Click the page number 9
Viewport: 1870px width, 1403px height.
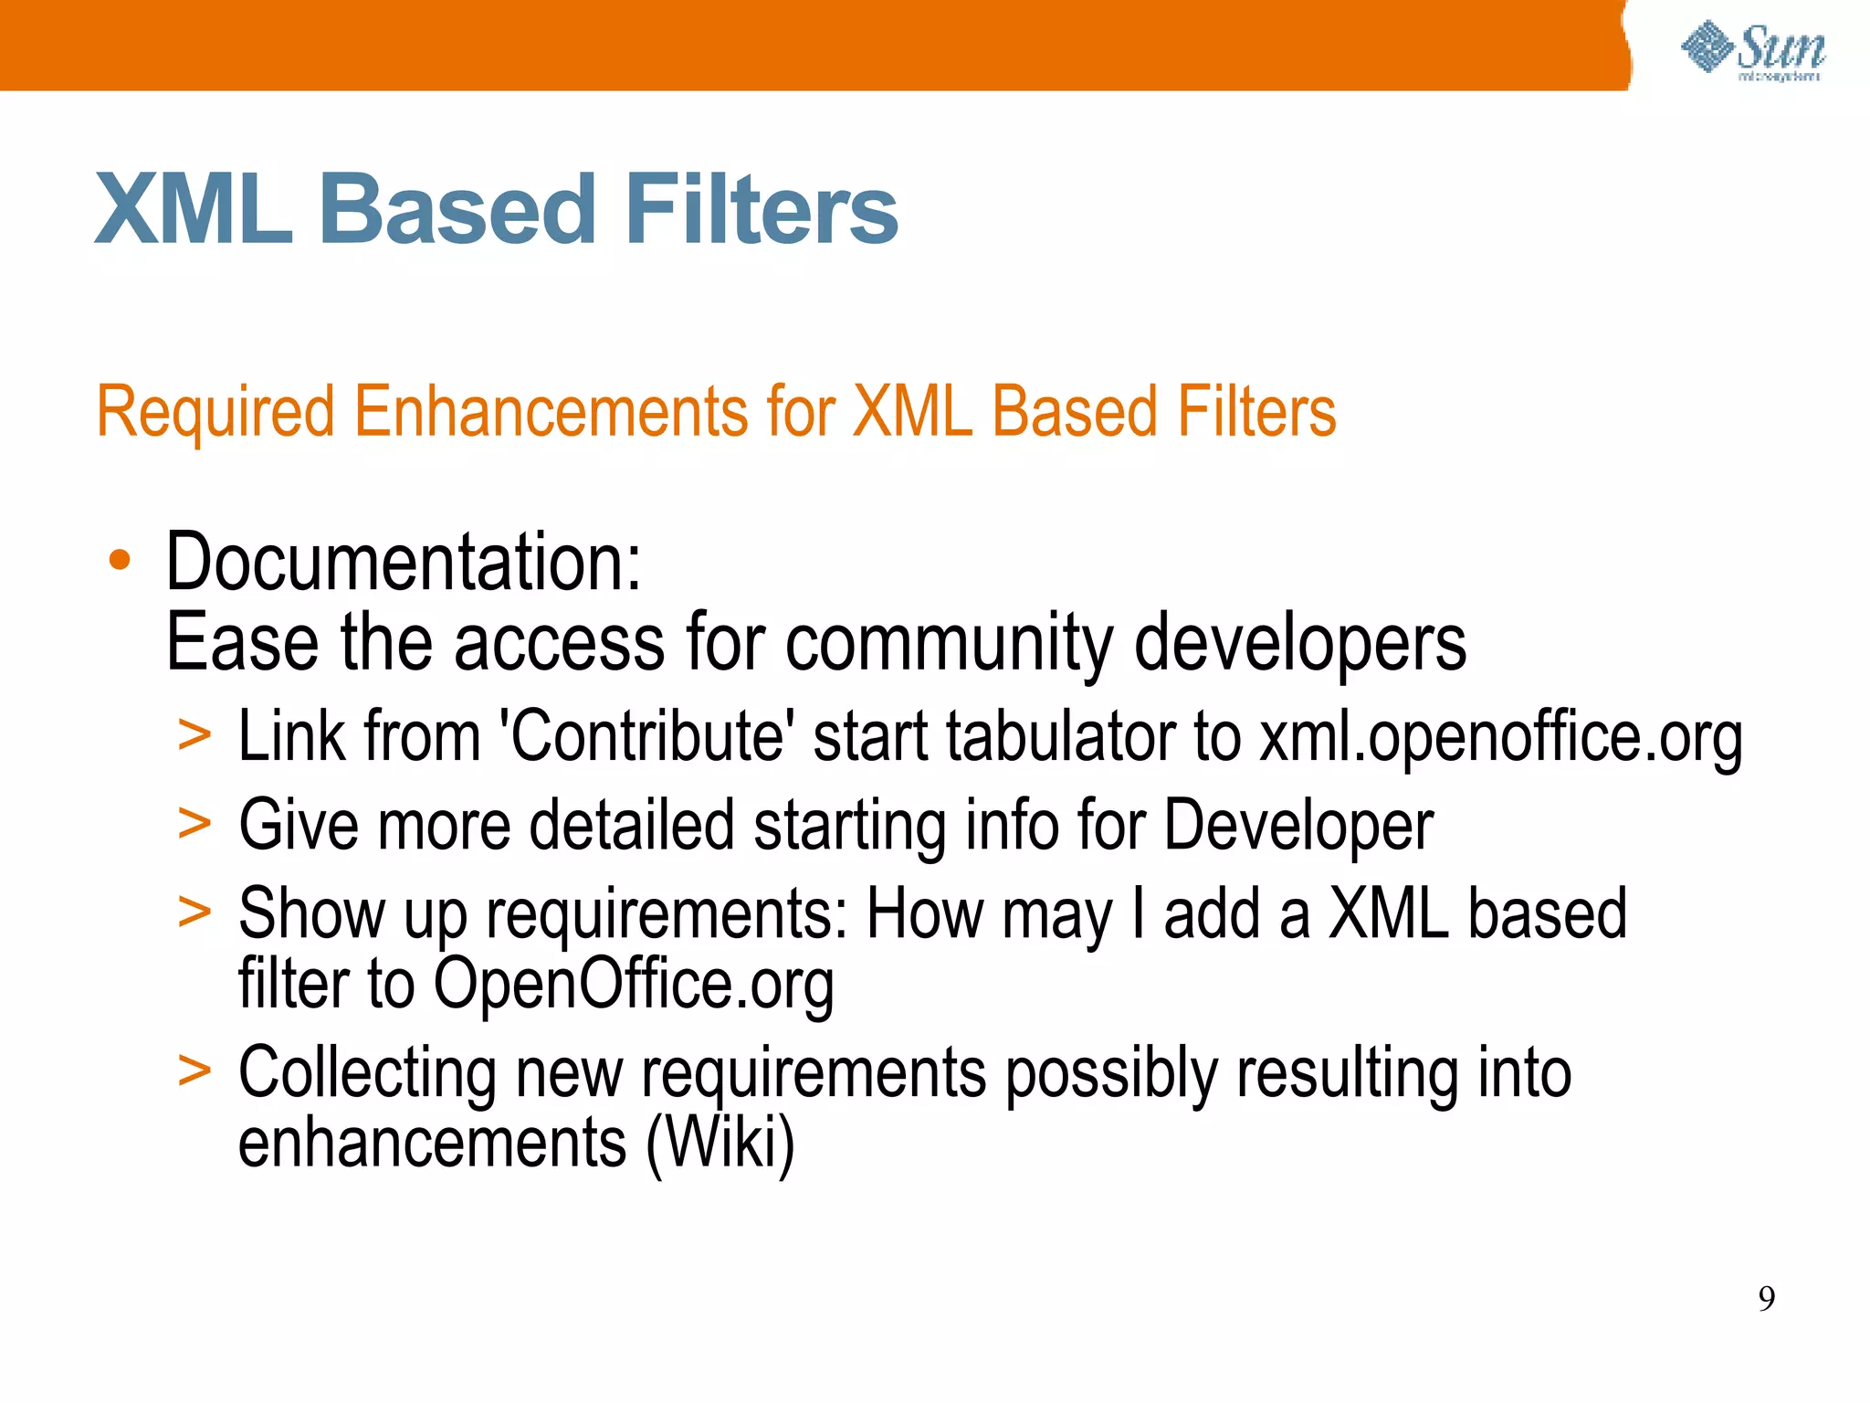(1766, 1298)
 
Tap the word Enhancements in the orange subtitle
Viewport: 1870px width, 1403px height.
(551, 413)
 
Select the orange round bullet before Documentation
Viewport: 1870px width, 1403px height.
(120, 560)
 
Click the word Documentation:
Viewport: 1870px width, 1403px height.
(403, 562)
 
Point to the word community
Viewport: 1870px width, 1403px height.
(949, 644)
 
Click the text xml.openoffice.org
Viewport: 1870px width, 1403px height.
(1500, 736)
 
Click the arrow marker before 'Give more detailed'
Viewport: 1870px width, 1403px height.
(194, 823)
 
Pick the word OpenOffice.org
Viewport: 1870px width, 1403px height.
(633, 985)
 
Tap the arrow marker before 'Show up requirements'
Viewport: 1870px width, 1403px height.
(194, 911)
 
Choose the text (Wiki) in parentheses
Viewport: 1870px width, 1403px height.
(720, 1143)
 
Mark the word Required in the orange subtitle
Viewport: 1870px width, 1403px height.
(215, 413)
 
